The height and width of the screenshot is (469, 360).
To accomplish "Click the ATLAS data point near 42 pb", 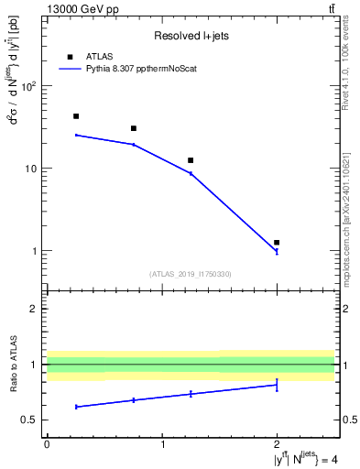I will pos(76,116).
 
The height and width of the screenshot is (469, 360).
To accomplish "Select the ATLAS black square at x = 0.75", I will pos(134,128).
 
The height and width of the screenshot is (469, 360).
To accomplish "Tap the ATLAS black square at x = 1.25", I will pos(191,160).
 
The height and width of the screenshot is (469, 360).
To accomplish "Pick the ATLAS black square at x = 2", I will pos(277,243).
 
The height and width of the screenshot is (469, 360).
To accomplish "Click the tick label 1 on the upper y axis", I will pos(35,251).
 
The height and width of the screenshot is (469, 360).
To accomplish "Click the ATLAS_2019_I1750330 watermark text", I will pos(191,274).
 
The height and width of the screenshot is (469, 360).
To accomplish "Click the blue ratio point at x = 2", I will pos(277,385).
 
